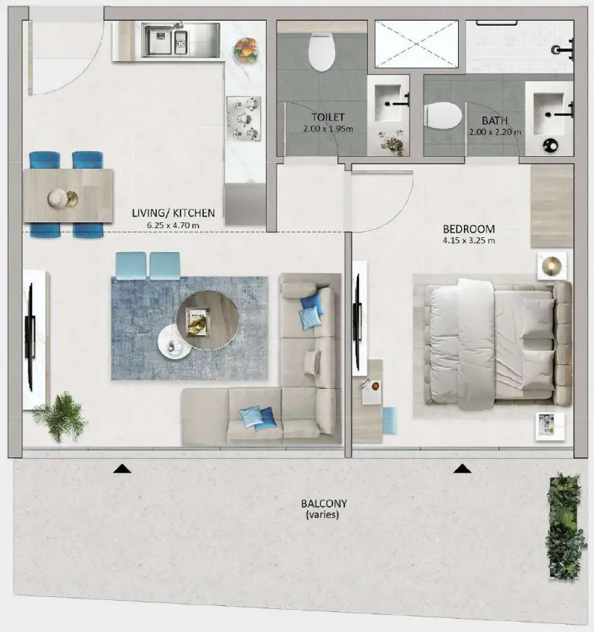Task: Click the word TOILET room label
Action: (328, 117)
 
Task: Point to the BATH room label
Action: (494, 120)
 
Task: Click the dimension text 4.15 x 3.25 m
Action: (468, 241)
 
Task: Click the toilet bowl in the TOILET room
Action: (322, 53)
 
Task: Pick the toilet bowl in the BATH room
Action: (443, 116)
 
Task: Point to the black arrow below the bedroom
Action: (462, 468)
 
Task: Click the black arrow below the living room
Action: (122, 468)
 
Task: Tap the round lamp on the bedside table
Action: (552, 265)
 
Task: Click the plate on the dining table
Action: (57, 198)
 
